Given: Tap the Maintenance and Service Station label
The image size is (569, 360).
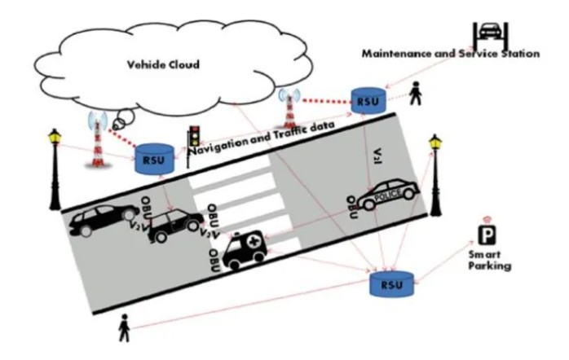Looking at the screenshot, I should point(451,54).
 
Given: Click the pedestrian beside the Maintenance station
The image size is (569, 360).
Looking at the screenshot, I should point(417,95).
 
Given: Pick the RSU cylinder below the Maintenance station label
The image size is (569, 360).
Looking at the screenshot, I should point(366,102).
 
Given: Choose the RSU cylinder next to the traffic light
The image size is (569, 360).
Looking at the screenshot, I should point(152,158).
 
